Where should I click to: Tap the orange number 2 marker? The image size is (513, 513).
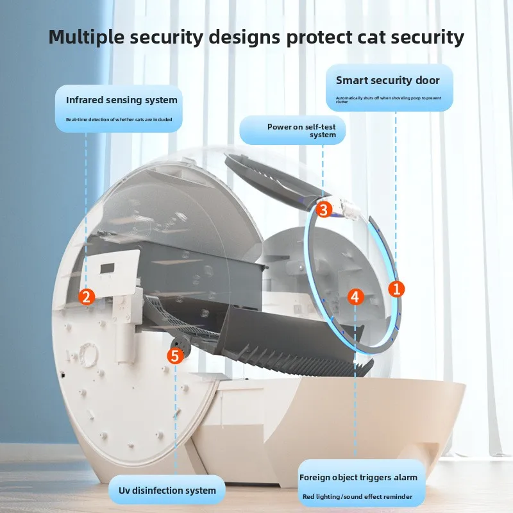tap(87, 296)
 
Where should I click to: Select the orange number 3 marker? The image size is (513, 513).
tap(324, 209)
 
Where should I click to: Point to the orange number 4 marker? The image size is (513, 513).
tap(356, 296)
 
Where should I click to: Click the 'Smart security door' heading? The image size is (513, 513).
tap(388, 80)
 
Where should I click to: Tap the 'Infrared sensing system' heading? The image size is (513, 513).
tap(122, 100)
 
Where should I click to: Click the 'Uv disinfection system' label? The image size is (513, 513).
tap(168, 491)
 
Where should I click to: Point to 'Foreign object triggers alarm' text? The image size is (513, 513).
tap(358, 477)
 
